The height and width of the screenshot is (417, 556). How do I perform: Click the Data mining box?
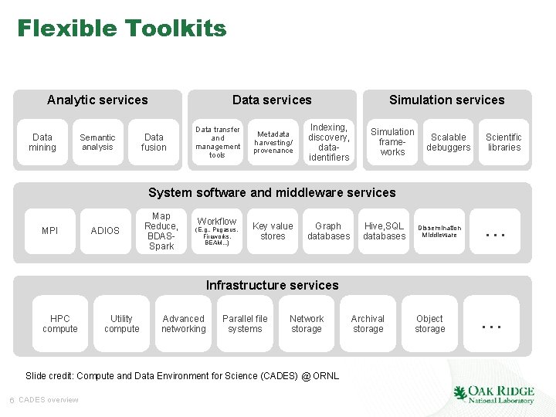42,142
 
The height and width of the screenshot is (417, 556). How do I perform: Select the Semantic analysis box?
97,142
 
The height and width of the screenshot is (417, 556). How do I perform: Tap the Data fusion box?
154,142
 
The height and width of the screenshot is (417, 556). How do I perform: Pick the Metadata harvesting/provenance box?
273,142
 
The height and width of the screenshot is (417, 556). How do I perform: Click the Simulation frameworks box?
392,142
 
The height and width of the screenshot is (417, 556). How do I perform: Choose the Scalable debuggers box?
449,142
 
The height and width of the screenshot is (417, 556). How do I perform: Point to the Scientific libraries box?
504,142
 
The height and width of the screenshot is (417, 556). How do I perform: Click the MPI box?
50,231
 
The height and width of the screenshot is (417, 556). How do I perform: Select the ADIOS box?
105,231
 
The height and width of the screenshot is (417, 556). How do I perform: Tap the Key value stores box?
273,231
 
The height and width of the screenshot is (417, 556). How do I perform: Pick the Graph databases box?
328,231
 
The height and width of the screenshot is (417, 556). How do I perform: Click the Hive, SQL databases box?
384,231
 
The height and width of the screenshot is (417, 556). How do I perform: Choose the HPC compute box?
60,324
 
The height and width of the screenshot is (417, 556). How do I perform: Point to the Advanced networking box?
184,324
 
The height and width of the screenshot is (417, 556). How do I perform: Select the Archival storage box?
368,324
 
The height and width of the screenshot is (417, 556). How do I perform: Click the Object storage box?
429,324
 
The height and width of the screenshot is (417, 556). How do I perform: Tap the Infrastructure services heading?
272,286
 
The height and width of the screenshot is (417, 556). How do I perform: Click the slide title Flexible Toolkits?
122,29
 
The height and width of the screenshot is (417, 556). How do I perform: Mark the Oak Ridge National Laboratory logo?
493,394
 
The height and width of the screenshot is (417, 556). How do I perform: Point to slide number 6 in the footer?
12,399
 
